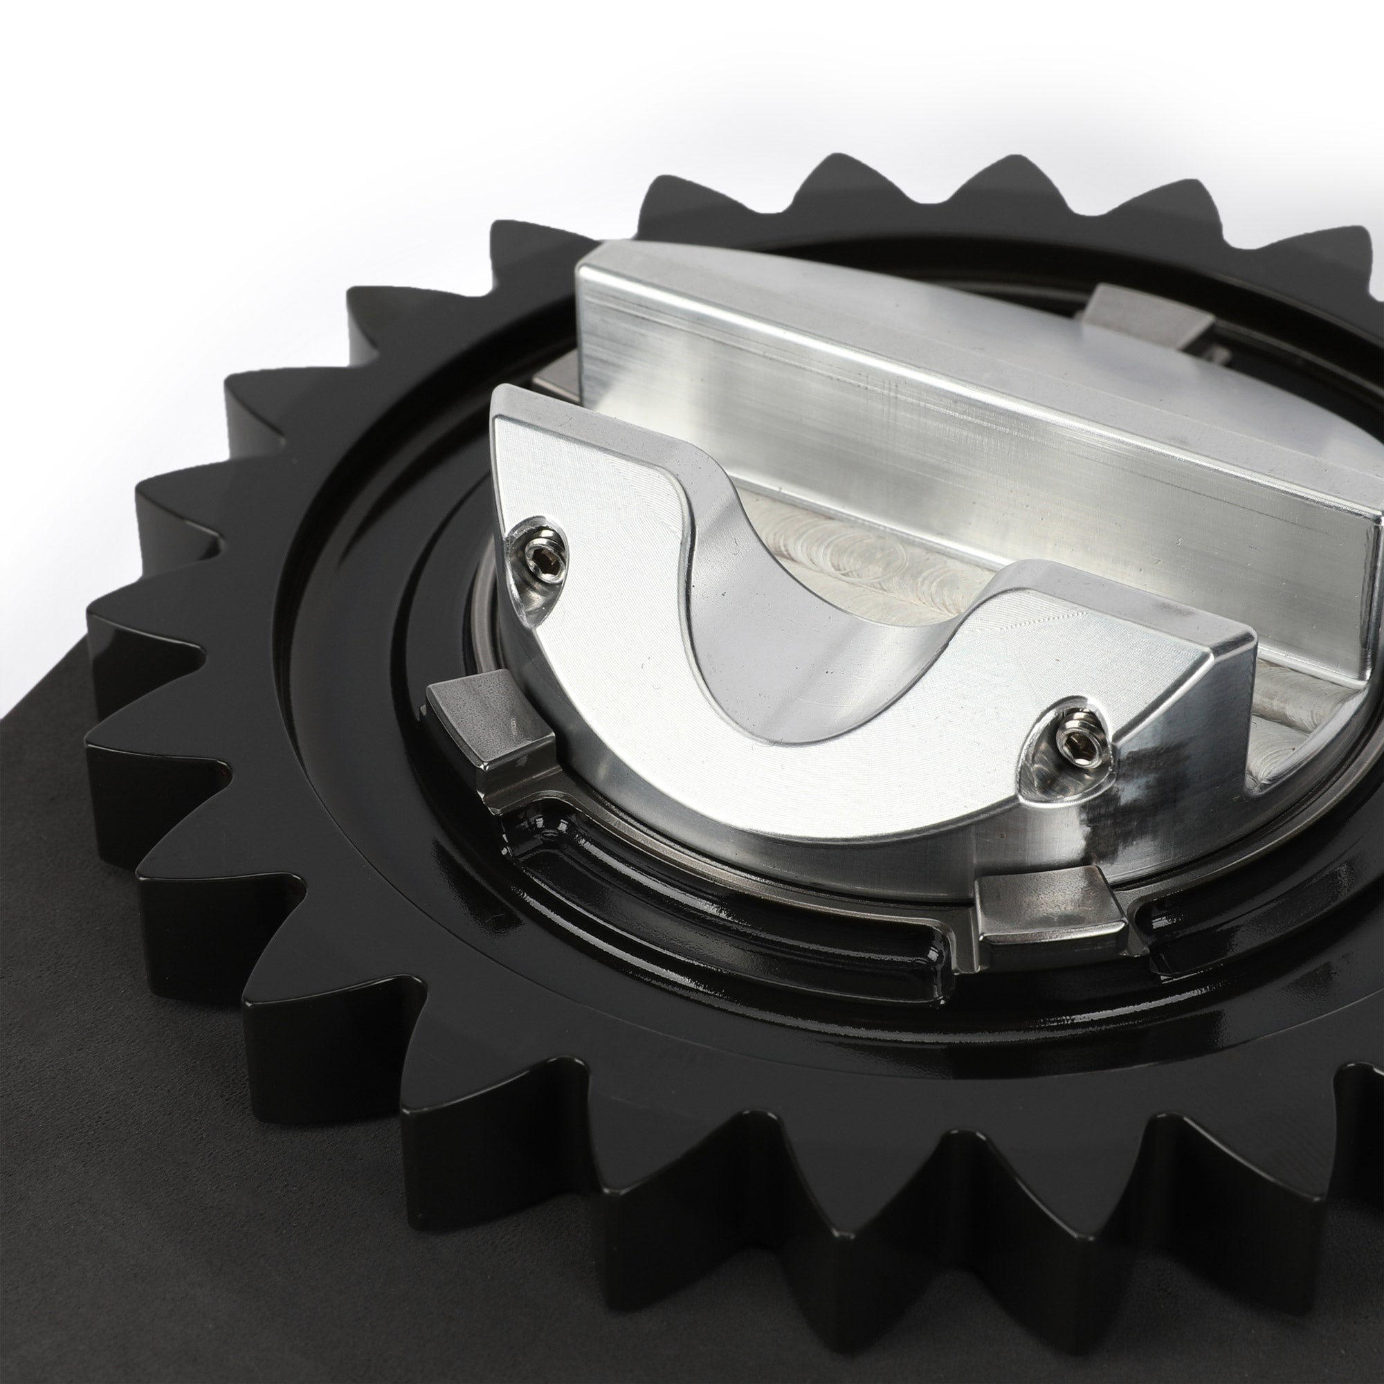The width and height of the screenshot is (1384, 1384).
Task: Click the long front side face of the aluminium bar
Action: (x=931, y=444)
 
